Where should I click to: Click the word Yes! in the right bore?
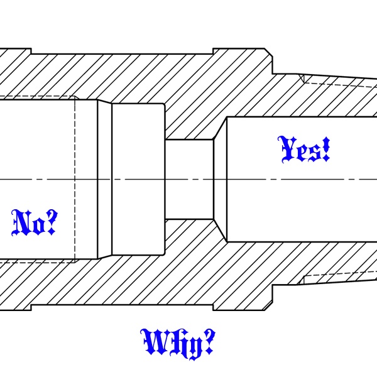click(x=304, y=150)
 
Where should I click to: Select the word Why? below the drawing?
click(x=178, y=342)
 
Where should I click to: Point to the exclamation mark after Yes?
click(x=325, y=150)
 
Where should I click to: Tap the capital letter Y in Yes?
click(x=287, y=148)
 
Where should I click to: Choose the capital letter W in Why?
click(x=154, y=342)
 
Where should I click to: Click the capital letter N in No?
click(x=23, y=223)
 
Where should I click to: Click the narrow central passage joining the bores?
click(x=189, y=179)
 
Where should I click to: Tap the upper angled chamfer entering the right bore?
click(x=219, y=128)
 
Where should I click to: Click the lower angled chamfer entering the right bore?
click(x=219, y=231)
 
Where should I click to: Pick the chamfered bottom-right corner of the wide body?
click(x=268, y=306)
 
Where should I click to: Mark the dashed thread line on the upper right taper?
click(x=339, y=81)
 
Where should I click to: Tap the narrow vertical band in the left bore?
click(x=104, y=179)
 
